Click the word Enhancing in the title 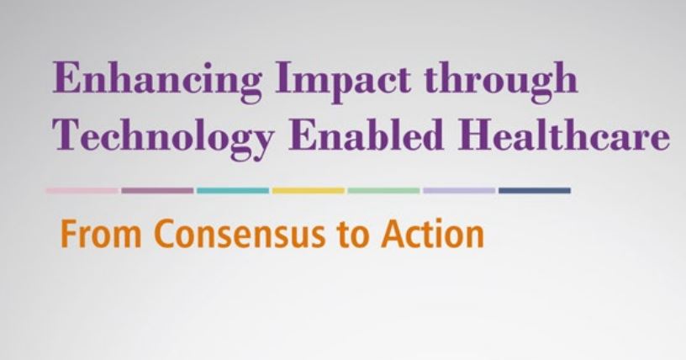(157, 82)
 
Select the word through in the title (501, 82)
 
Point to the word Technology (164, 136)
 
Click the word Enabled (366, 133)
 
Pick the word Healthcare (563, 133)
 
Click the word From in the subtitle (101, 235)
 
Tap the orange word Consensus (240, 235)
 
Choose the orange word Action (432, 235)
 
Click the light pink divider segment (82, 190)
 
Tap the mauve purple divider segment (157, 190)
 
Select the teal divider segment (233, 190)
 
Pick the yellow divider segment (309, 190)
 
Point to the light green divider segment (383, 190)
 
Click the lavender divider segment (459, 190)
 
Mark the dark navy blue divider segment (535, 190)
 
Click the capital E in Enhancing (68, 77)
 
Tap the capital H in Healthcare (477, 133)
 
